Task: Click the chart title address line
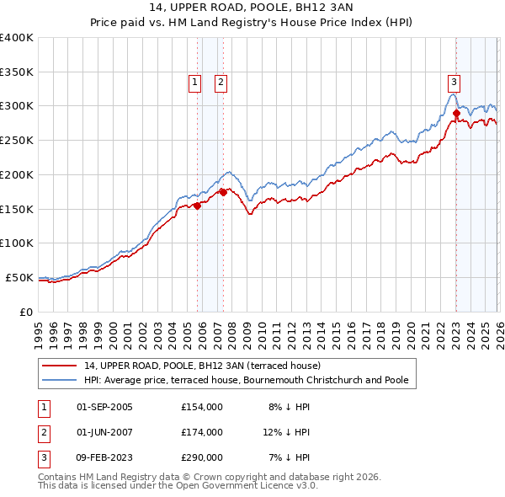tap(252, 8)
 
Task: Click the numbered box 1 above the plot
tap(194, 82)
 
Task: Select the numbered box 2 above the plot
tap(221, 82)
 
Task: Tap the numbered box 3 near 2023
tap(454, 82)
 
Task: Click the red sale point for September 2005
tap(197, 205)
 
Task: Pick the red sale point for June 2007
tap(223, 191)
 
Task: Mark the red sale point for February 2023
tap(456, 112)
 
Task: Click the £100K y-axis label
tap(17, 243)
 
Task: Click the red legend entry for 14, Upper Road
tap(202, 366)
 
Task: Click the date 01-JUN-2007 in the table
tap(104, 432)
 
